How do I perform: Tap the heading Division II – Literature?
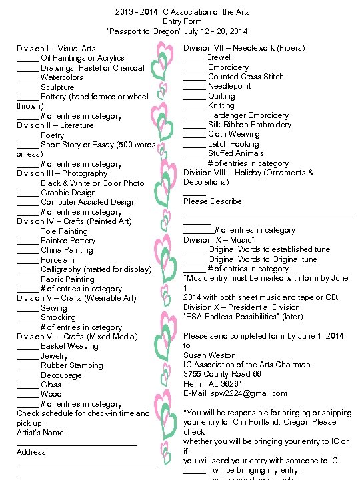[55, 125]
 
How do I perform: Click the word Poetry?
[53, 135]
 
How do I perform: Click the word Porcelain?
[57, 260]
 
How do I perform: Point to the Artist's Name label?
[41, 433]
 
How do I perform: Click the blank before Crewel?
[195, 59]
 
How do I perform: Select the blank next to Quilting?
[195, 97]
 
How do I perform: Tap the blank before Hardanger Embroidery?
[195, 116]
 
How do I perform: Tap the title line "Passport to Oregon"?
[177, 31]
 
